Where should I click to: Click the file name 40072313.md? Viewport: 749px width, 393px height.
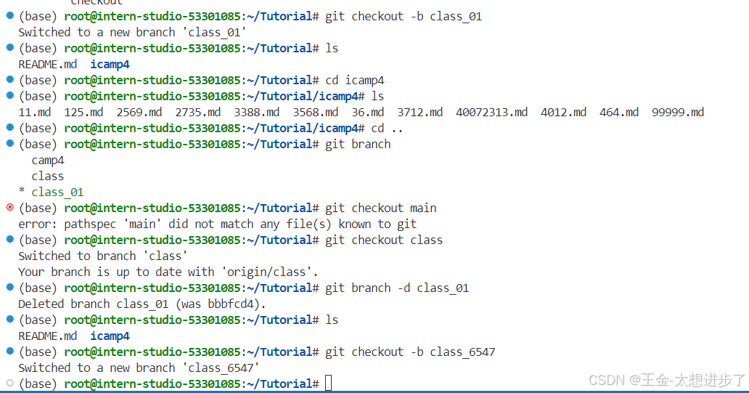(x=491, y=112)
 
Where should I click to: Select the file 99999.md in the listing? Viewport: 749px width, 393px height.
(x=678, y=112)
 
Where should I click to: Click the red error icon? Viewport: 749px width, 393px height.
(x=9, y=207)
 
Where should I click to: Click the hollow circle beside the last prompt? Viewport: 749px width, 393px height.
(x=9, y=383)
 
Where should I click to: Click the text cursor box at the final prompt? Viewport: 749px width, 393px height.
(x=329, y=384)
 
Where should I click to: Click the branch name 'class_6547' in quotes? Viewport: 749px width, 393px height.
(x=224, y=368)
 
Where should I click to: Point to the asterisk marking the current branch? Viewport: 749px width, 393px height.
(x=22, y=193)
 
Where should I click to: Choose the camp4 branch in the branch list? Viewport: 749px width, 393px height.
(x=48, y=160)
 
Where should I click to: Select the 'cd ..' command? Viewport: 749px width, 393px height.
(x=388, y=128)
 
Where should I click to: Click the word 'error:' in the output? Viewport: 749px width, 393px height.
(x=38, y=224)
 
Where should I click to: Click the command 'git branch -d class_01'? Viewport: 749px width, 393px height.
(x=397, y=288)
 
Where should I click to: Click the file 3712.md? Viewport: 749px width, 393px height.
(x=419, y=112)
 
